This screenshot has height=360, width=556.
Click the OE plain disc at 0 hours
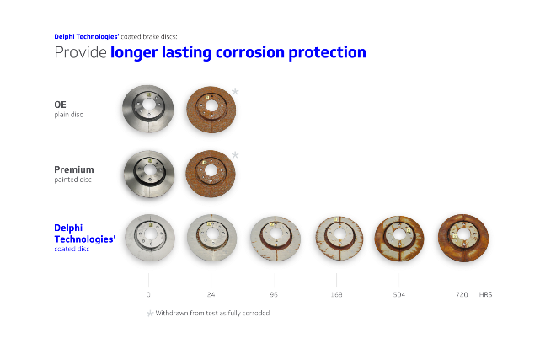pos(148,109)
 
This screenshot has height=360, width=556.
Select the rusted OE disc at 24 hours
pos(211,109)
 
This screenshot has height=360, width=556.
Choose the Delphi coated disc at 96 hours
pos(275,238)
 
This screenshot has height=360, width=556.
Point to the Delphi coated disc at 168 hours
pos(337,238)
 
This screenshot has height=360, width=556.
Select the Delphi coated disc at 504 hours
pos(399,238)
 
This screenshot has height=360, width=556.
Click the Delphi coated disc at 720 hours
pos(462,238)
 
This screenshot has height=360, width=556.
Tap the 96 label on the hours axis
pos(275,295)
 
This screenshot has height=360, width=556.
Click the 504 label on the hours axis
pos(399,295)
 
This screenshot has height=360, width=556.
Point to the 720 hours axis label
pos(462,295)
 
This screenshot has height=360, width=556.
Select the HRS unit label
pos(485,295)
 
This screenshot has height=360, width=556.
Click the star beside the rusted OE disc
pos(236,91)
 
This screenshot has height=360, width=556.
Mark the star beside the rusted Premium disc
pos(236,154)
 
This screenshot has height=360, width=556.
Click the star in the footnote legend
pos(150,314)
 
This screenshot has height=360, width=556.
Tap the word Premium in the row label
pos(74,169)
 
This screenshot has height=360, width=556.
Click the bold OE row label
pos(60,105)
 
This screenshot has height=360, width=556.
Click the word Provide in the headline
pos(80,52)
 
